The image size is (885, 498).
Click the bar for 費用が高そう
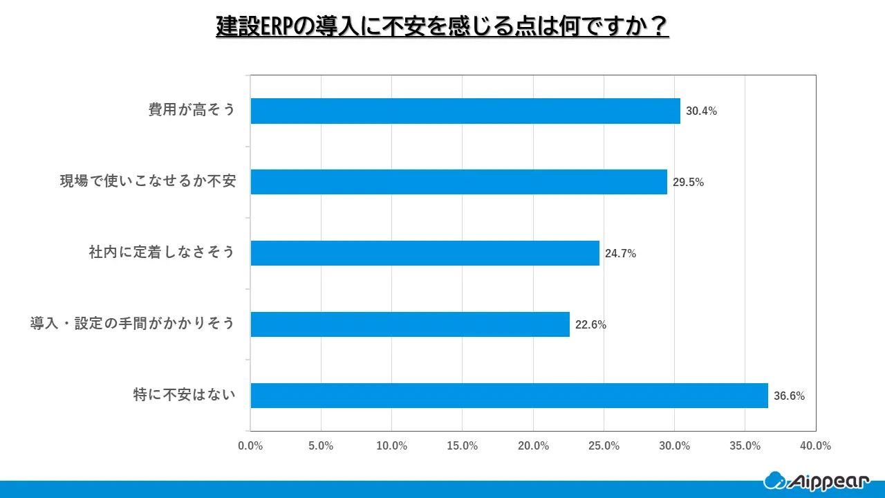pyautogui.click(x=465, y=111)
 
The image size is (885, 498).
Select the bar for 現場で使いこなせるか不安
pyautogui.click(x=458, y=182)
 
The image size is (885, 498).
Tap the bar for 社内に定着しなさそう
pyautogui.click(x=425, y=253)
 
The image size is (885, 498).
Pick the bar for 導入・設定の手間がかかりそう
pyautogui.click(x=410, y=324)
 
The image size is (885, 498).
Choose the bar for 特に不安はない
pyautogui.click(x=509, y=396)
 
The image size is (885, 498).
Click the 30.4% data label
pyautogui.click(x=701, y=111)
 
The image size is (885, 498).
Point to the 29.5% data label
pyautogui.click(x=688, y=183)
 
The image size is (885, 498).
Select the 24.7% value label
pyautogui.click(x=620, y=254)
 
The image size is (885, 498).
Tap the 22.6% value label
pyautogui.click(x=590, y=325)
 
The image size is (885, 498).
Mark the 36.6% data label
pyautogui.click(x=789, y=396)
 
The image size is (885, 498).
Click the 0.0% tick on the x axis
pyautogui.click(x=250, y=446)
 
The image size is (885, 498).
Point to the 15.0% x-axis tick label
pyautogui.click(x=463, y=446)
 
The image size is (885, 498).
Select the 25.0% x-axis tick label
pyautogui.click(x=604, y=446)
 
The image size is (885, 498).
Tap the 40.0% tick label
pyautogui.click(x=816, y=446)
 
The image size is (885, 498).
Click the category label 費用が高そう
pyautogui.click(x=192, y=110)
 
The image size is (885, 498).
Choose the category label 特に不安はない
pyautogui.click(x=184, y=396)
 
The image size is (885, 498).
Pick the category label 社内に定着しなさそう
pyautogui.click(x=162, y=253)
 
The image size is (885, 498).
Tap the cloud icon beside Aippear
pyautogui.click(x=774, y=480)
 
